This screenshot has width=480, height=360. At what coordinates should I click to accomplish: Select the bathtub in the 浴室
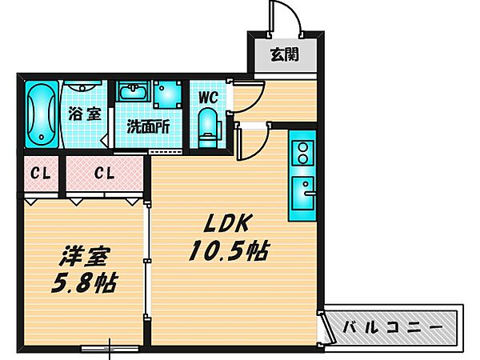(x=38, y=114)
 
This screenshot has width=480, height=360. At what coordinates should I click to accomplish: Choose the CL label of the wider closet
(x=103, y=173)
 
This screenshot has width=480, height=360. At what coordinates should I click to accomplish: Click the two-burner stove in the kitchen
(x=303, y=151)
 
